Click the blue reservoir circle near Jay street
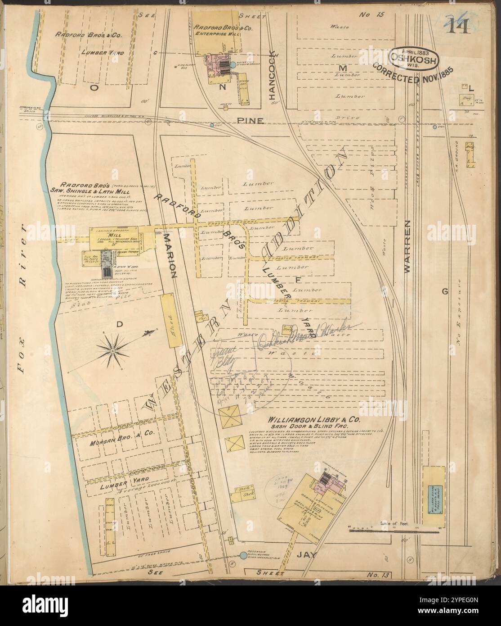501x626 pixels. [243, 556]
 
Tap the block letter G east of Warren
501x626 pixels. [445, 292]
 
